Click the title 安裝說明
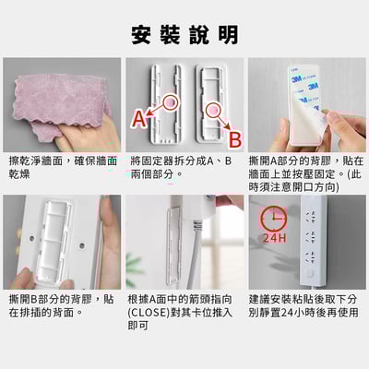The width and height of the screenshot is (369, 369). pos(184,34)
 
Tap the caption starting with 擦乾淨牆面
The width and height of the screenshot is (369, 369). pos(61,168)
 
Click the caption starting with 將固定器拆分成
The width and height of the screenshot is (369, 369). pos(184,168)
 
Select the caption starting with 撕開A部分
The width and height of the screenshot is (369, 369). pos(307,174)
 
